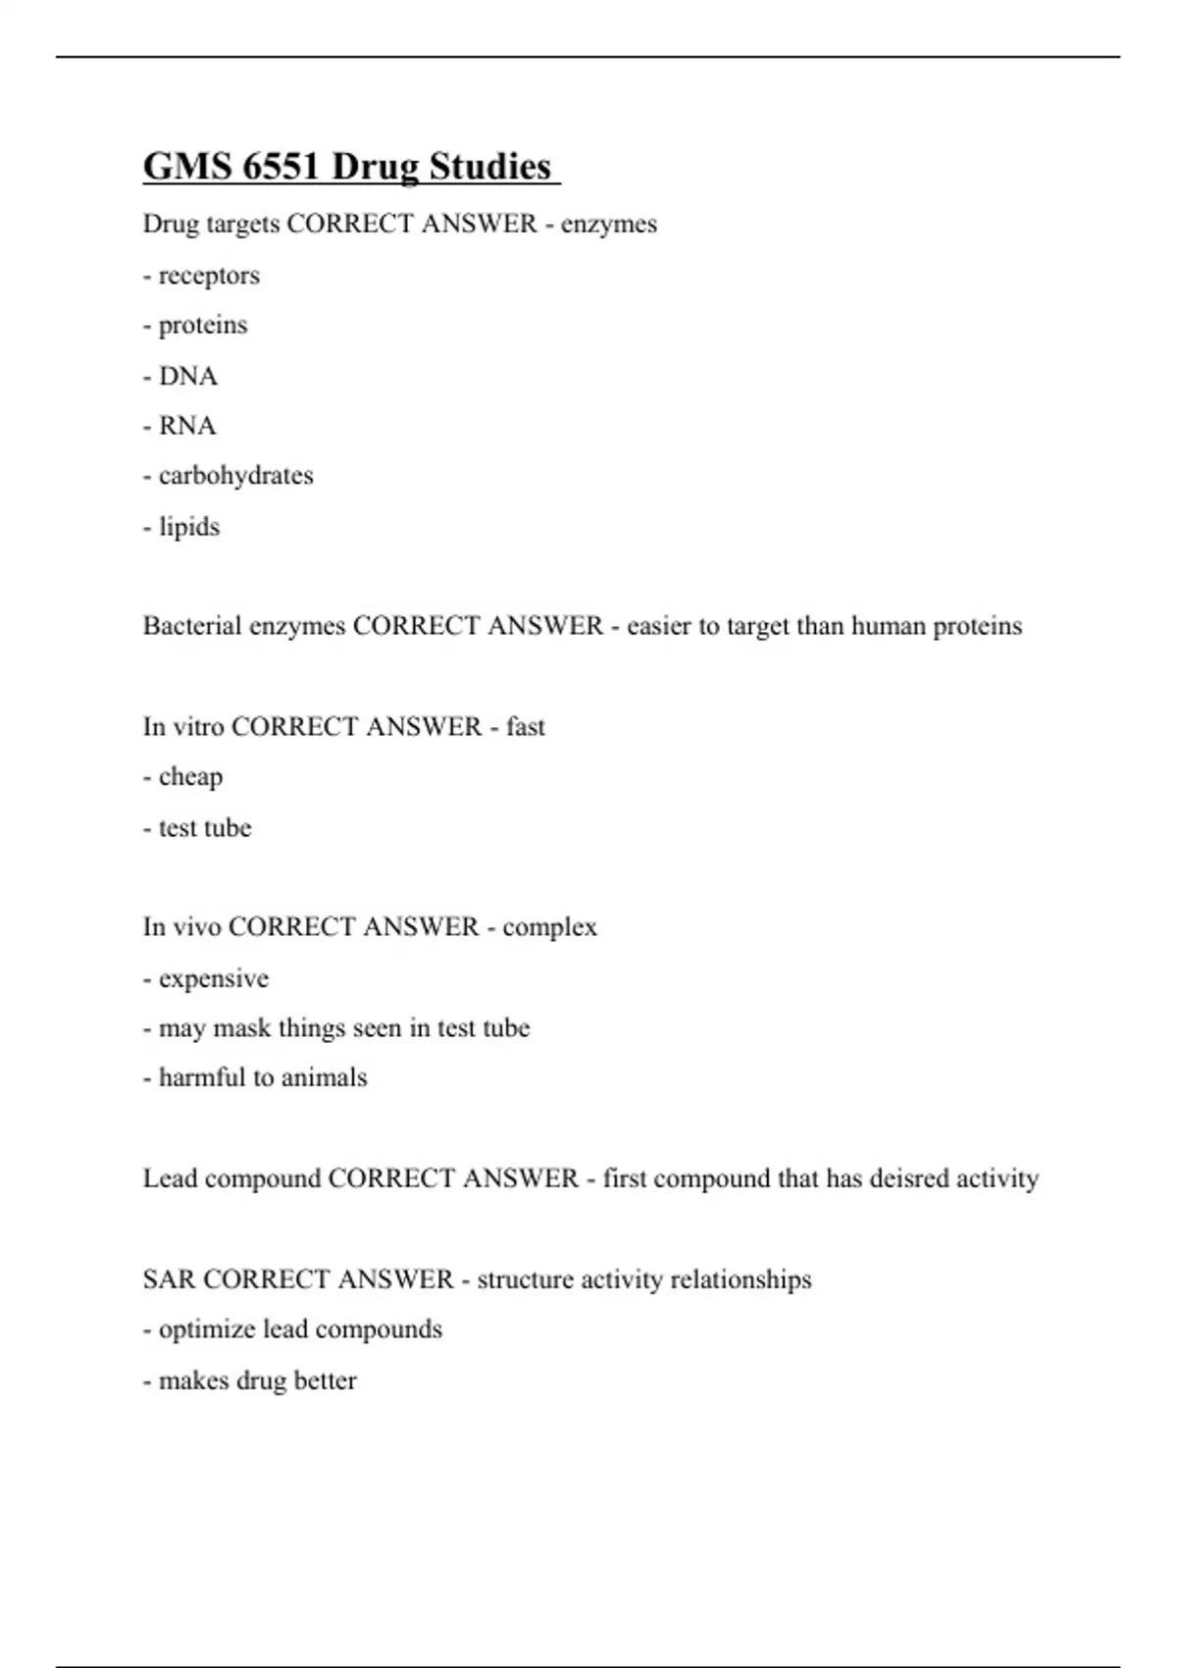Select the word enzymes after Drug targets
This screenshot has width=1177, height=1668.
click(608, 225)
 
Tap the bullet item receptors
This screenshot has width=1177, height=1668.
click(209, 276)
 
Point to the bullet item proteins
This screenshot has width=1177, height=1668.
click(203, 326)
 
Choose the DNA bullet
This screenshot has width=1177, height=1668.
click(188, 376)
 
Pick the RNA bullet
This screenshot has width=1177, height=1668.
click(187, 426)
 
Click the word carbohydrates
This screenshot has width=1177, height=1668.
click(235, 476)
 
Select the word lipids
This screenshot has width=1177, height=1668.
click(189, 527)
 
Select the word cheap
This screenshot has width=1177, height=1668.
click(190, 777)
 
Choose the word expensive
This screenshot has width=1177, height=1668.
click(213, 979)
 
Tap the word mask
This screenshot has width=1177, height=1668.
click(241, 1028)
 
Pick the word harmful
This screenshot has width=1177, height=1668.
click(202, 1078)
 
